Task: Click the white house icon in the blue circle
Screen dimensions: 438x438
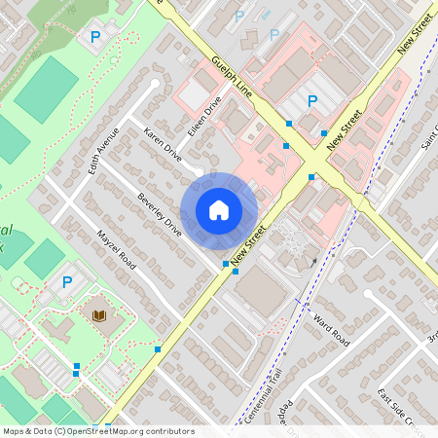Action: [219, 210]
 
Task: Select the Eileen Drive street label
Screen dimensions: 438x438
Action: [205, 115]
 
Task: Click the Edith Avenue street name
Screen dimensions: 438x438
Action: [102, 150]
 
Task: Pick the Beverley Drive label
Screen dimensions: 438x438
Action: [160, 215]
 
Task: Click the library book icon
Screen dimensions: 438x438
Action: [99, 315]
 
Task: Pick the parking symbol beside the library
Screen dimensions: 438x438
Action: [67, 282]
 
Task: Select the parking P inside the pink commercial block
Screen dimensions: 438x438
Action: [312, 100]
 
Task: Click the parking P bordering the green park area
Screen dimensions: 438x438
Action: [94, 37]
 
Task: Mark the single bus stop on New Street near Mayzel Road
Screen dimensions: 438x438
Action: [158, 347]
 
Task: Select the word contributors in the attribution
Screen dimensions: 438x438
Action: [169, 430]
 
